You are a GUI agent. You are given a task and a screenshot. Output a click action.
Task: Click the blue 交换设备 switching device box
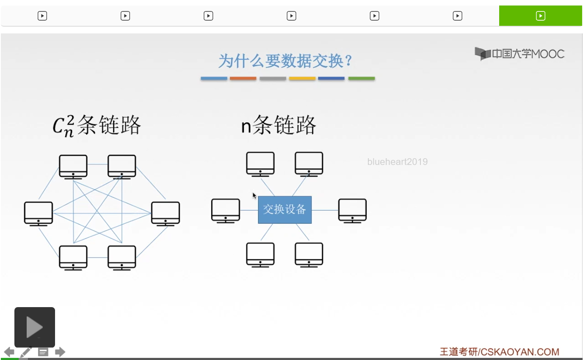tap(285, 210)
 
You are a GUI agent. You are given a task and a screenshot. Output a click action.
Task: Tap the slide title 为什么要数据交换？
tap(285, 61)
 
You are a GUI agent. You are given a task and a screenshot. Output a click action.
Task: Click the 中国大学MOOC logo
tap(519, 54)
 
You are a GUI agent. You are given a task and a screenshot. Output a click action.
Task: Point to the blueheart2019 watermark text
tap(398, 162)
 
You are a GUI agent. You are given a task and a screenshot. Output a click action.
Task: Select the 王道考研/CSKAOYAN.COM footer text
tap(500, 352)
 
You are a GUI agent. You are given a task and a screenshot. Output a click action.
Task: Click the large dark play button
tap(35, 327)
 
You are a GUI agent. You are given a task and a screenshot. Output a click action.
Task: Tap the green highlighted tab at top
tap(541, 16)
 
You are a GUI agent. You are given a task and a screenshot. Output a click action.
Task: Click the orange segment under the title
tap(243, 78)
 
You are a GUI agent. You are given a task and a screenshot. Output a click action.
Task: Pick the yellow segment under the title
tap(302, 78)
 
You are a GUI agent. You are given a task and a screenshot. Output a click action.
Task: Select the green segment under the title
tap(362, 78)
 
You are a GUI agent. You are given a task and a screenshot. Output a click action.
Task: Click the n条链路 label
tap(279, 125)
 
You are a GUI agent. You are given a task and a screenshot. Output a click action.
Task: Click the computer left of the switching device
tap(226, 211)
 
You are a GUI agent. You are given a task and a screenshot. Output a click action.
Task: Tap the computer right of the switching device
tap(352, 211)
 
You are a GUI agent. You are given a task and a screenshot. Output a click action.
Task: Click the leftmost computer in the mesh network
tap(39, 214)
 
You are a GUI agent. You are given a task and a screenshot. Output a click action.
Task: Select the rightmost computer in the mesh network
tap(166, 214)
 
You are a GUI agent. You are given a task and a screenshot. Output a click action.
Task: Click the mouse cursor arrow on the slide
tap(254, 195)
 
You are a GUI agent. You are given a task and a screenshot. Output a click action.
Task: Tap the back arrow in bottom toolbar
tap(9, 352)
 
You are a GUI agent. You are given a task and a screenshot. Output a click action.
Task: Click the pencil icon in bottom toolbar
tap(26, 352)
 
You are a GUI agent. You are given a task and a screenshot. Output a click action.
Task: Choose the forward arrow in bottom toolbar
tap(60, 352)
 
